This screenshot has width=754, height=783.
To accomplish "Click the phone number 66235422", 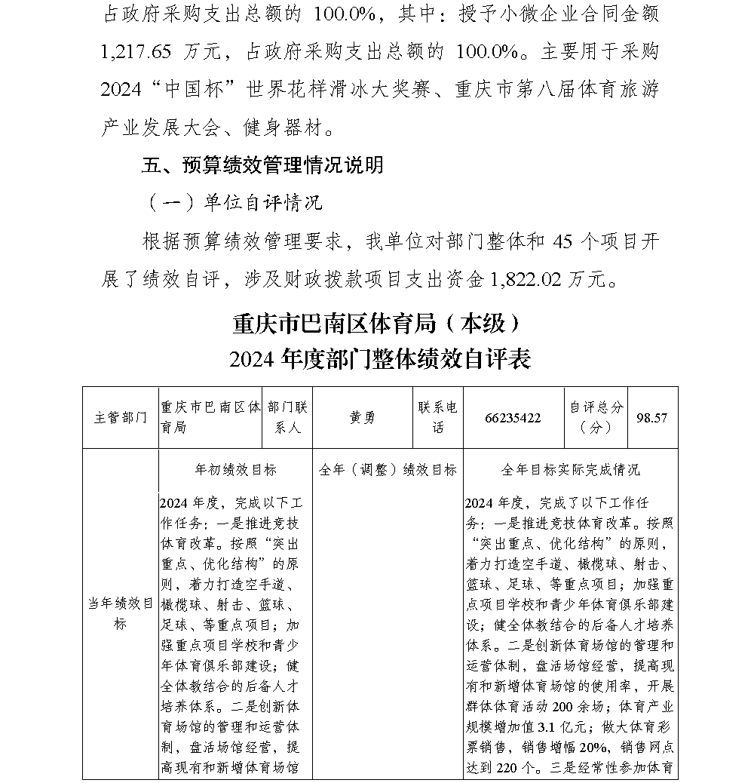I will point(513,418).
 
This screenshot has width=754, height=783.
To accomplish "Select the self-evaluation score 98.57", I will point(651,418).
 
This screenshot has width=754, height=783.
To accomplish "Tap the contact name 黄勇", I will point(362,418).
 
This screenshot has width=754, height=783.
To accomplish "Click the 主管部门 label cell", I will point(121,418).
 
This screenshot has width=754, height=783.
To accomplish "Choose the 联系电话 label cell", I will point(438,417).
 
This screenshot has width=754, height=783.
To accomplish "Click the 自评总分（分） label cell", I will point(596,417).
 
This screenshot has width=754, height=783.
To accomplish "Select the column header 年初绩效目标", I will point(235,470).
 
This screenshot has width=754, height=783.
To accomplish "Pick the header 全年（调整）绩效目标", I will point(388,470).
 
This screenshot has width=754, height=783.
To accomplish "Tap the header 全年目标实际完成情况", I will point(570,470).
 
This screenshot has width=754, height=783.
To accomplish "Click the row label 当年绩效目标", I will point(121,613).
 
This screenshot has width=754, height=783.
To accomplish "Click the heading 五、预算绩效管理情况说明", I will point(262,164).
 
